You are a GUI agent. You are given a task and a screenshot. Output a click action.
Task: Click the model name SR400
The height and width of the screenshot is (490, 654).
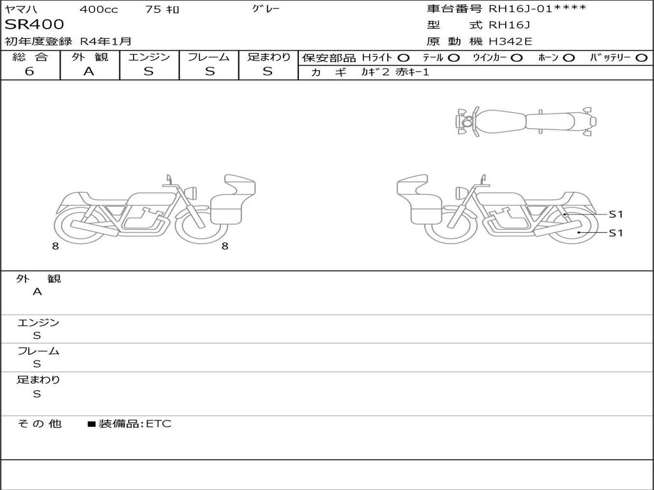(34, 25)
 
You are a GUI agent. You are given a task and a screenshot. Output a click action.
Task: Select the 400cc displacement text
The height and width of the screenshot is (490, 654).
(99, 9)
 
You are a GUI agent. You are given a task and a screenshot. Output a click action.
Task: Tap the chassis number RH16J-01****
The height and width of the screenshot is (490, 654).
(537, 8)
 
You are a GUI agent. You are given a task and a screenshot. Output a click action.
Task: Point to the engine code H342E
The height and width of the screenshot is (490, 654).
(510, 41)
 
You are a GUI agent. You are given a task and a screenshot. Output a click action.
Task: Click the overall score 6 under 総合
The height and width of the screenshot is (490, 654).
(29, 71)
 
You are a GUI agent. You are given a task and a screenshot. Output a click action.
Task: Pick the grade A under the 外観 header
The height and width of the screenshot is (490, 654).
(89, 71)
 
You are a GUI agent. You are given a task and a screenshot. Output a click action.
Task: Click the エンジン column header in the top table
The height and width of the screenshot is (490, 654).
(149, 57)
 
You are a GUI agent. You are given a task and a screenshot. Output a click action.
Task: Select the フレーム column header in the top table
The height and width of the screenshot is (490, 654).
(209, 57)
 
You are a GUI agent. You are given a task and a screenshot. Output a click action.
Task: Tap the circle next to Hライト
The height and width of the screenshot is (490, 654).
(404, 58)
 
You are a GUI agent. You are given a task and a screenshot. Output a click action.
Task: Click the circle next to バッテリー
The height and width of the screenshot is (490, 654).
(641, 58)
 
